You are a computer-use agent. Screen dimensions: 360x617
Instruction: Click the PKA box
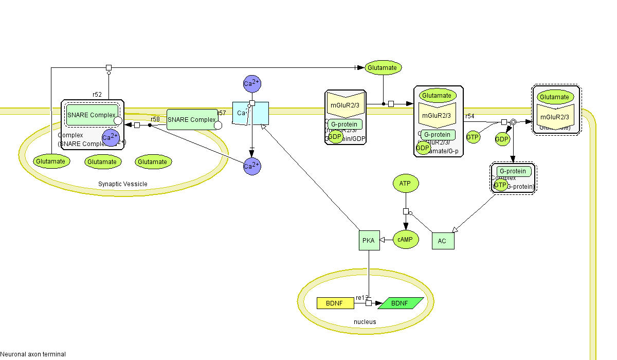pos(369,241)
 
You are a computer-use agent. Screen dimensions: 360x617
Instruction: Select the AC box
pos(443,241)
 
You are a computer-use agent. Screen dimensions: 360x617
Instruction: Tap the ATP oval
pos(406,183)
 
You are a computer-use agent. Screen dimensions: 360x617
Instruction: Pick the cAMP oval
pos(406,239)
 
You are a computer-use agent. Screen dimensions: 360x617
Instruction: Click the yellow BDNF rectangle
pos(335,303)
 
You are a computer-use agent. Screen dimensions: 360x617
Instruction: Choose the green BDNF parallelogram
pos(401,303)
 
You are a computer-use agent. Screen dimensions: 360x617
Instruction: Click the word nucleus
pos(365,322)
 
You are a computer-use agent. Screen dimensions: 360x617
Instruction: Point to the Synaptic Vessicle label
pos(122,184)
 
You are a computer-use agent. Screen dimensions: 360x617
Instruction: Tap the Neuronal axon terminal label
pos(33,354)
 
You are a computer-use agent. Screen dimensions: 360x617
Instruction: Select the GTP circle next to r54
pos(473,137)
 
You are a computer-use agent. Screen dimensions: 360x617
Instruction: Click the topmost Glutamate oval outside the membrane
pos(383,67)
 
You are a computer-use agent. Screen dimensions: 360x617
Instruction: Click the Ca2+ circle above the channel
pos(252,83)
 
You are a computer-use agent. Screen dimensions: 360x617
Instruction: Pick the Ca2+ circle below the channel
pos(252,166)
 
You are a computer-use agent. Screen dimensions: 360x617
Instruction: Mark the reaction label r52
pos(97,95)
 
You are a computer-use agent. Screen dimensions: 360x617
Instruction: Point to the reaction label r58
pos(155,119)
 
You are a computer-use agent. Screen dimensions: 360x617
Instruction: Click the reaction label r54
pos(469,117)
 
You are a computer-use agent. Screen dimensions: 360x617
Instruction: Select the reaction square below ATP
pos(406,211)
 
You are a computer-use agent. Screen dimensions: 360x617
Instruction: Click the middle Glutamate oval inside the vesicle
pos(102,161)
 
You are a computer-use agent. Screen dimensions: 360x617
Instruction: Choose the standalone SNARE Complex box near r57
pos(192,120)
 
